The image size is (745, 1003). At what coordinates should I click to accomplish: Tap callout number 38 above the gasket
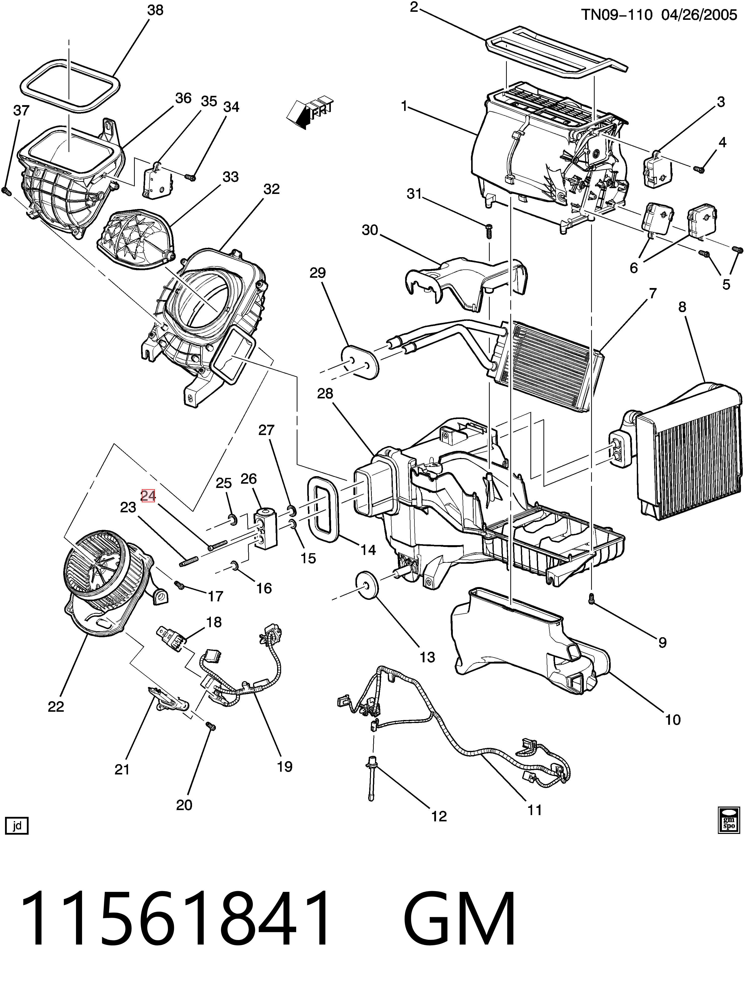click(x=156, y=10)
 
